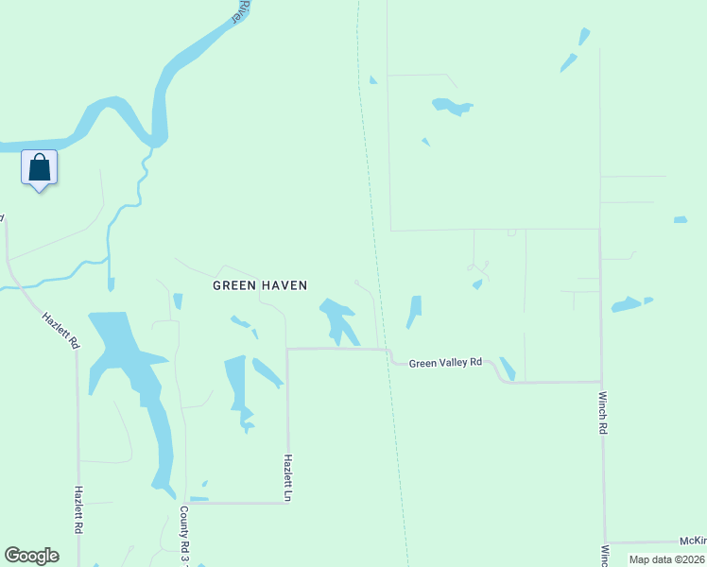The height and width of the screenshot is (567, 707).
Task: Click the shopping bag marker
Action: point(39,168)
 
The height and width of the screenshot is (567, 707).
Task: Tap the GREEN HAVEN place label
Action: point(260,284)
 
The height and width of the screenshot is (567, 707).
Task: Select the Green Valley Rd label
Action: point(445,362)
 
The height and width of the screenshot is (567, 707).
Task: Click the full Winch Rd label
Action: point(601,413)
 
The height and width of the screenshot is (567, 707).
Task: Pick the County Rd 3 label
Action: point(186,530)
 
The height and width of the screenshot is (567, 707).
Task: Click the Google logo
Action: point(31,556)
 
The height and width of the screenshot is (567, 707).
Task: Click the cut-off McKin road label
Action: point(693,541)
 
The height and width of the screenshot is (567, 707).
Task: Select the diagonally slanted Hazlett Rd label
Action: point(60,331)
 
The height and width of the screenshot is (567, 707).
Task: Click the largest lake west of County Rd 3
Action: point(132,378)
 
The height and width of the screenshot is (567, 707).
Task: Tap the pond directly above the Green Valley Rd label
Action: point(414,311)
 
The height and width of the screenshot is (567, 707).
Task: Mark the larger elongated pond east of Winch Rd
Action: point(626,304)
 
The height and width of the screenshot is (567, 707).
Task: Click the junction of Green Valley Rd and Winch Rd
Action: point(600,382)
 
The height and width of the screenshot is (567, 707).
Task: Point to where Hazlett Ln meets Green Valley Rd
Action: point(287,349)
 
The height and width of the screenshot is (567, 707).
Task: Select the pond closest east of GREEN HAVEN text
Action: point(338,319)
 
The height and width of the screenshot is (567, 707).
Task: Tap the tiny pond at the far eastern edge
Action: point(681,220)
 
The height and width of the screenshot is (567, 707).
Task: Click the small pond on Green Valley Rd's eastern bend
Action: point(508,368)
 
